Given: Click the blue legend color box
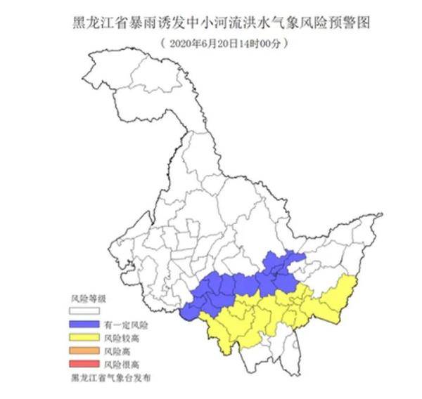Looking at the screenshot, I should pos(85,324).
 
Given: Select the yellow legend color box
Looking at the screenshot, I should pos(85,336).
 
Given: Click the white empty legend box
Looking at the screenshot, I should pos(85,311).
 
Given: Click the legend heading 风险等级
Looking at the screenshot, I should pos(89,299).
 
